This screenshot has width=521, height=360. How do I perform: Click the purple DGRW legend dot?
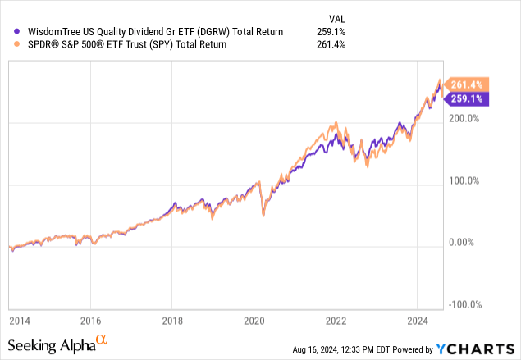click(8, 31)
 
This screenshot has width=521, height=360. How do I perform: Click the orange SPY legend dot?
click(8, 44)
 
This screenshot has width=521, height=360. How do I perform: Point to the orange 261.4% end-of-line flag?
click(467, 84)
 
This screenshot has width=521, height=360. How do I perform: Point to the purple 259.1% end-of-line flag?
click(467, 99)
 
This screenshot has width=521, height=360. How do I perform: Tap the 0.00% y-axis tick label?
click(468, 243)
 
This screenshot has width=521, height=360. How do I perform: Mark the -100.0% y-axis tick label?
click(464, 304)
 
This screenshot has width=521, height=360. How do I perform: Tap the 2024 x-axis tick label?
click(416, 320)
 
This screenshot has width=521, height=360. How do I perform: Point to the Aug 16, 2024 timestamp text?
click(355, 349)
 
